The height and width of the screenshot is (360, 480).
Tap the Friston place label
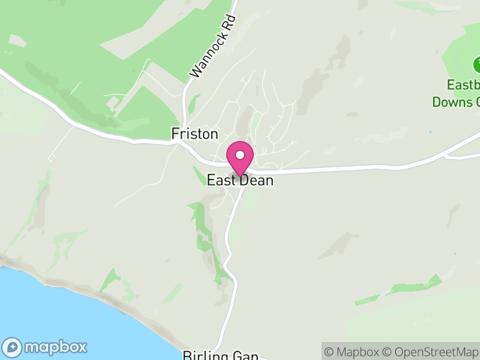click(x=194, y=133)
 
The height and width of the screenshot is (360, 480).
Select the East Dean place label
click(x=240, y=180)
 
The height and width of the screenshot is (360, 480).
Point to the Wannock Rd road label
click(x=214, y=46)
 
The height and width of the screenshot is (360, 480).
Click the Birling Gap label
click(x=220, y=356)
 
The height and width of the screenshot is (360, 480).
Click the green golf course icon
click(x=478, y=64)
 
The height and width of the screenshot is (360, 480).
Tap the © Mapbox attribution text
click(x=354, y=352)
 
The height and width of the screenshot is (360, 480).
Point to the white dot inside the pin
click(x=240, y=155)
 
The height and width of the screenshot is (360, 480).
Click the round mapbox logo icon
click(x=13, y=347)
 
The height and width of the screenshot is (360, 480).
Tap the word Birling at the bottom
click(x=205, y=356)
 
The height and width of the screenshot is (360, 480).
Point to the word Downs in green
click(x=452, y=101)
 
